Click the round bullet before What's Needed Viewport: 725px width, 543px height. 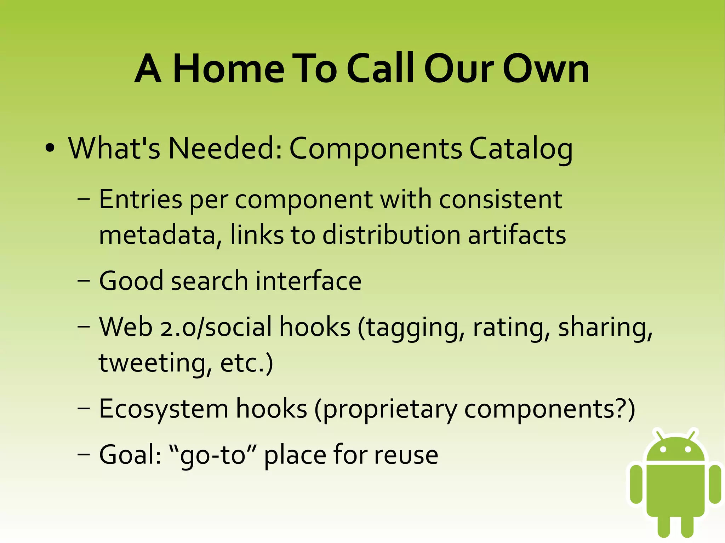[x=50, y=148]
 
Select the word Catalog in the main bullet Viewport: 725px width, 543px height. [x=521, y=149]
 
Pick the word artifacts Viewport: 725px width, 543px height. [x=517, y=235]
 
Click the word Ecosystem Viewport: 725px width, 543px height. [x=164, y=409]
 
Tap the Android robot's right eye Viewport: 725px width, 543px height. [x=688, y=450]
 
